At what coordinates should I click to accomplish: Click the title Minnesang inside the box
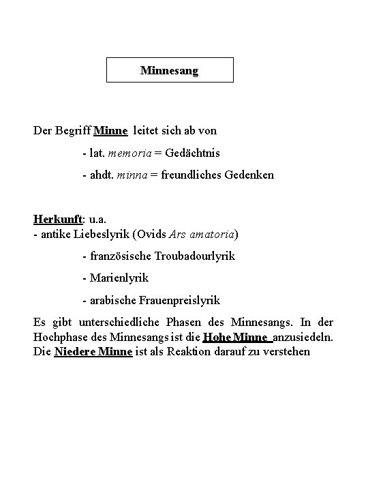pyautogui.click(x=170, y=70)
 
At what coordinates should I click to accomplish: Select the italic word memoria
pyautogui.click(x=127, y=153)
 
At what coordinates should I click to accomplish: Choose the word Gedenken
pyautogui.click(x=249, y=175)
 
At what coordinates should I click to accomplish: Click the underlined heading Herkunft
pyautogui.click(x=57, y=220)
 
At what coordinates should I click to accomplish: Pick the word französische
pyautogui.click(x=114, y=256)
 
